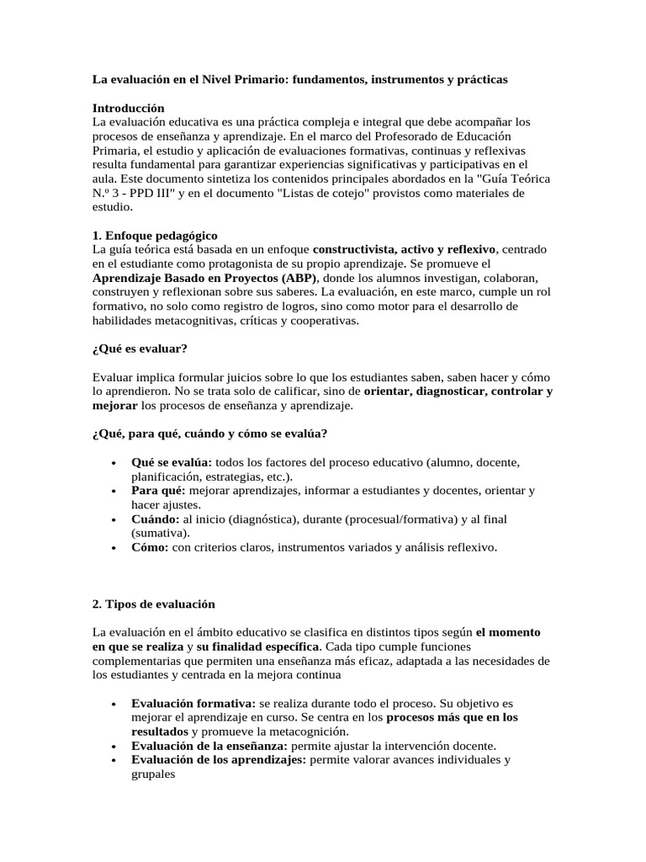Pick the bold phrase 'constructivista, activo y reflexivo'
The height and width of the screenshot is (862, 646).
[x=405, y=250]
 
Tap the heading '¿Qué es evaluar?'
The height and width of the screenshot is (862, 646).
[x=139, y=349]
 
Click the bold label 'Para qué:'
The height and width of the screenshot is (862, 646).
[x=159, y=490]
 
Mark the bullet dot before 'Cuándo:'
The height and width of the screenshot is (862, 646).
[x=114, y=519]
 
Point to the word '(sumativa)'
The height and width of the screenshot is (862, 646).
[x=160, y=534]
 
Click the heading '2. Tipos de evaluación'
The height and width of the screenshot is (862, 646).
[x=153, y=604]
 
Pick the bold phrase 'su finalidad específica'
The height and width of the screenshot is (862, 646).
[x=257, y=646]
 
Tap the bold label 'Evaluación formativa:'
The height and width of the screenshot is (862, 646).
[x=193, y=703]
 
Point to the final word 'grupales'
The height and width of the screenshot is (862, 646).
[x=153, y=774]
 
